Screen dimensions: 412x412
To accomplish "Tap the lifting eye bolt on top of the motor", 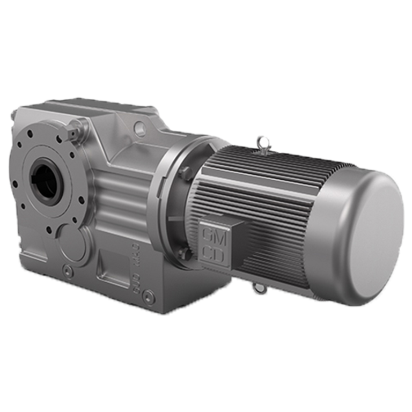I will (x=262, y=142).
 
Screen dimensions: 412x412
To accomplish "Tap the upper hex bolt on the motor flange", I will (x=184, y=172).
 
